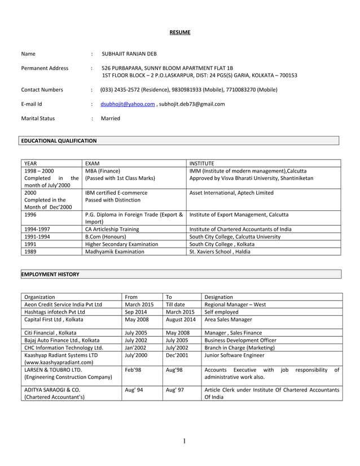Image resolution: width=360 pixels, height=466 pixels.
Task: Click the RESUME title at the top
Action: pyautogui.click(x=180, y=32)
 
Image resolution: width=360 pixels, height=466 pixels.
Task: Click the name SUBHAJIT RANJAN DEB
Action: pyautogui.click(x=129, y=54)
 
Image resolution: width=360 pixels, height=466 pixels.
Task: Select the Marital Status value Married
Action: pyautogui.click(x=110, y=118)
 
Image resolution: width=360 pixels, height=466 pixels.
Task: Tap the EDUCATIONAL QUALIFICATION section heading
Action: pyautogui.click(x=59, y=140)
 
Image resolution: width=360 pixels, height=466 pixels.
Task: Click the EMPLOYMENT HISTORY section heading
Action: pyautogui.click(x=50, y=274)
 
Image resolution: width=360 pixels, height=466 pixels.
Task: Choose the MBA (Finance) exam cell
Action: pyautogui.click(x=103, y=170)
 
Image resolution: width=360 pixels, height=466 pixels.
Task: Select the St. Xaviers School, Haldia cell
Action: pyautogui.click(x=219, y=252)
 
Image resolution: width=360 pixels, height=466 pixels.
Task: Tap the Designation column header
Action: pyautogui.click(x=218, y=296)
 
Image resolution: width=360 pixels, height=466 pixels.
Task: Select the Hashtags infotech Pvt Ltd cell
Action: pyautogui.click(x=54, y=311)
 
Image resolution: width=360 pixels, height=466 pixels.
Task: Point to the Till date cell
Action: pyautogui.click(x=175, y=304)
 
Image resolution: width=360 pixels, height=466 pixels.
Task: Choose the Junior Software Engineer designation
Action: pyautogui.click(x=235, y=355)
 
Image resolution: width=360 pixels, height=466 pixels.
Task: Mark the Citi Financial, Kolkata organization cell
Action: pyautogui.click(x=50, y=333)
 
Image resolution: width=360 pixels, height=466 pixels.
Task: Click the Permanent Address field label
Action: pyautogui.click(x=45, y=68)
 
